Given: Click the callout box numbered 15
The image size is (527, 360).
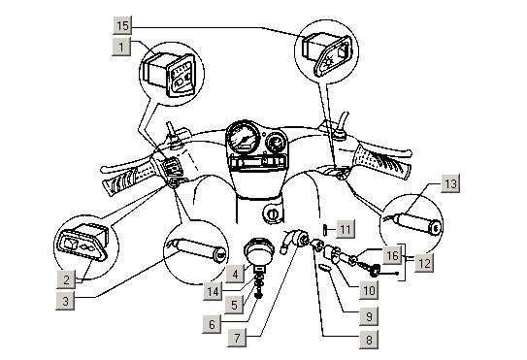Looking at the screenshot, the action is pos(122,25).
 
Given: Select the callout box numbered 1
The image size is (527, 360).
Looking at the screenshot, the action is pos(121,47).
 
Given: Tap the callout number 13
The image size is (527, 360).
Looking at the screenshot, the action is pos(450,183).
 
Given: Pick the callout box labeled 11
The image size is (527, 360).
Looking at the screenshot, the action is pos(346,229).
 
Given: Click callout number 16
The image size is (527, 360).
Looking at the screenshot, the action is pos(392,255).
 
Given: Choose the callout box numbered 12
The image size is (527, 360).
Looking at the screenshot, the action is pos(424,263).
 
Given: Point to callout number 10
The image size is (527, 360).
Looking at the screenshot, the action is pos(369,290).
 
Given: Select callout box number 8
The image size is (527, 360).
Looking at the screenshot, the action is pos(369,340).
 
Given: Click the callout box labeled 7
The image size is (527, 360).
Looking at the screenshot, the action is pos(237,338).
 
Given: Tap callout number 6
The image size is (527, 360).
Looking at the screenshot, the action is pos(212,324).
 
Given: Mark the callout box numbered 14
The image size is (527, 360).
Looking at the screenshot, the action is pos(213,291).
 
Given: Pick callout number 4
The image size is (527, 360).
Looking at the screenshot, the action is pos(235,274).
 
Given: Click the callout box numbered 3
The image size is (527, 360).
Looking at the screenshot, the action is pos(65,301).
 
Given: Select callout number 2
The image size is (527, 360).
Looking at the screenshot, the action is pos(66,279).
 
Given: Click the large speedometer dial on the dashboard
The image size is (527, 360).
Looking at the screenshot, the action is pos(244,136).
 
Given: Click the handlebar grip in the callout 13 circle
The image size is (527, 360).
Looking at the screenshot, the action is pos(416,223).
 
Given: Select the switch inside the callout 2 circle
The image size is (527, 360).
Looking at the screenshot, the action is pos(83,242).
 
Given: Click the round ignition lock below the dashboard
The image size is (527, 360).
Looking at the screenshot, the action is pos(272,213).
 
